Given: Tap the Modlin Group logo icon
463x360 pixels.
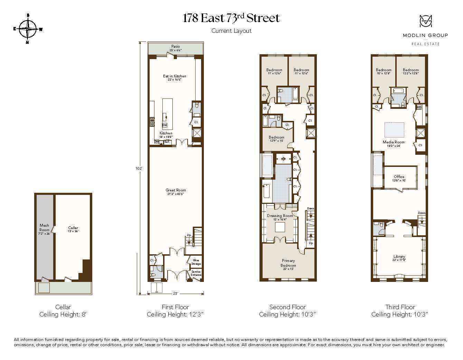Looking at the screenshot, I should pos(425,21).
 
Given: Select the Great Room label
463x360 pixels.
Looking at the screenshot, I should pos(176,190).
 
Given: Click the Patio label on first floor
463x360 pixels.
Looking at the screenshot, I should pos(176,46).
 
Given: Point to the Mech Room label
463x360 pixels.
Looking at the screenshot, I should pos(44,227).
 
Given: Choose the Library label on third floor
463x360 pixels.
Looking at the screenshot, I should pos(399,257).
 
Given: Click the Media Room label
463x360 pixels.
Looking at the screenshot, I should pos(394,142).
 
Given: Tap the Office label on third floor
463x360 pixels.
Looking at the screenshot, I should pos(399,177).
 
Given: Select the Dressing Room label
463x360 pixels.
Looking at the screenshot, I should pos(280,216).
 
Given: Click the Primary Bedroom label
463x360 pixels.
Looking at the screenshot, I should pos(288,263).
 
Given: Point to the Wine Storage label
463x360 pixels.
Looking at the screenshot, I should pos(196,262).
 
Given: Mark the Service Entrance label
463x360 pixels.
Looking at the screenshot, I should pos(196,273).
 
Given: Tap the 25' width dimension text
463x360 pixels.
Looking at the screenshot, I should pos(176,294).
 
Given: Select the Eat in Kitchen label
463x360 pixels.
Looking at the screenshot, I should pos(174,76).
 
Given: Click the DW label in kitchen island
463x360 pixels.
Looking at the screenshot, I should pos(164,125).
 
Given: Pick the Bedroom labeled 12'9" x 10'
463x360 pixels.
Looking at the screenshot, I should pos(276,137).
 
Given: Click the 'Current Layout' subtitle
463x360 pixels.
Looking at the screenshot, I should pos(231,31).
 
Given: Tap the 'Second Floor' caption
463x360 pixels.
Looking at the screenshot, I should pos(287,307).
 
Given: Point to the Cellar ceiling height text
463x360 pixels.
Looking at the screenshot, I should pos(63,314).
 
